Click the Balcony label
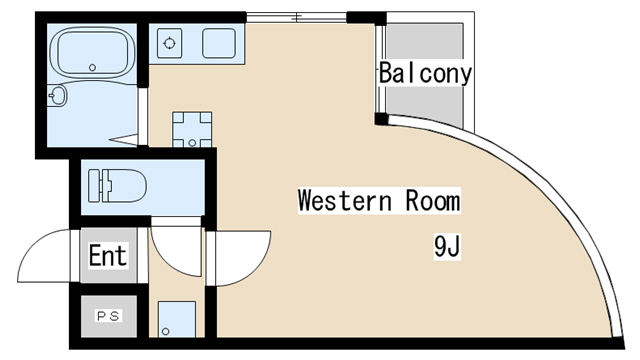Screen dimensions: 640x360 [x=425, y=73]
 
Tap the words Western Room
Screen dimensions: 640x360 [x=379, y=200]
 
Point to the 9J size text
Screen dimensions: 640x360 [x=447, y=247]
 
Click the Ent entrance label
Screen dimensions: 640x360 [x=108, y=256]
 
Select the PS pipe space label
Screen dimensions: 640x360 [x=109, y=316]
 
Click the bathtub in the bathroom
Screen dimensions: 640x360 [x=92, y=53]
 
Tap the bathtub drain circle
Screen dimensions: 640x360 [x=92, y=68]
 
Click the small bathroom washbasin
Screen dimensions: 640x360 [x=57, y=96]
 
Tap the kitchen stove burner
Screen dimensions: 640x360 [x=169, y=43]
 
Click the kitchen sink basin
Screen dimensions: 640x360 [x=219, y=43]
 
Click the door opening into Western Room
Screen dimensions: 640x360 [x=239, y=258]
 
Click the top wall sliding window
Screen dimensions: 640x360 [x=296, y=17]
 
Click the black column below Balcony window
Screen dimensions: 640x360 [x=381, y=119]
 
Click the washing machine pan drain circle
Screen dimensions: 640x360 [x=192, y=143]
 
